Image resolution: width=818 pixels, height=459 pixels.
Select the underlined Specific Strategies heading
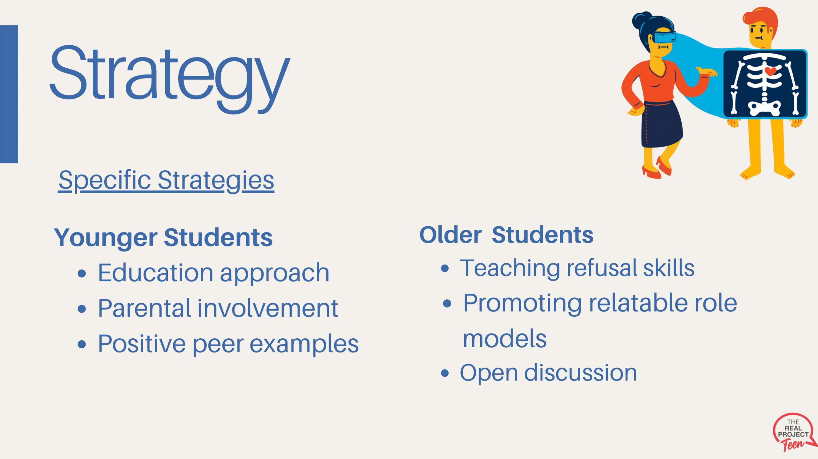click(x=166, y=181)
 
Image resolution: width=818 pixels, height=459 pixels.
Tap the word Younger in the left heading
click(x=106, y=238)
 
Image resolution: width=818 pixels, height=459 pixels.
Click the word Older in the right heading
click(x=451, y=235)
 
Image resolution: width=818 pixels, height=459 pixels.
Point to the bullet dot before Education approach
click(x=82, y=274)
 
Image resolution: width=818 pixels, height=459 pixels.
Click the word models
click(x=505, y=339)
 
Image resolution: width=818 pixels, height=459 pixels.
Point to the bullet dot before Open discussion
click(x=445, y=373)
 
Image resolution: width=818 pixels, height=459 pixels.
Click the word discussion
click(x=581, y=372)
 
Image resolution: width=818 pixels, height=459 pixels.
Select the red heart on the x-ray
click(x=770, y=71)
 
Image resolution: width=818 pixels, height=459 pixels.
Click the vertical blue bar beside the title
click(x=9, y=94)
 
